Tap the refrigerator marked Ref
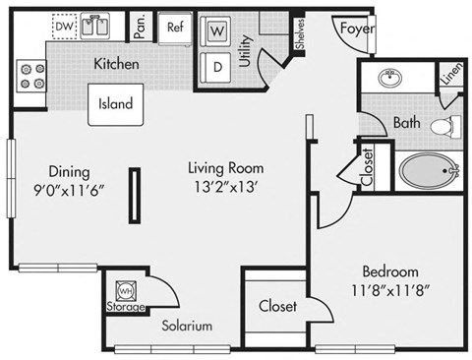[x=176, y=28]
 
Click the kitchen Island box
[x=115, y=104]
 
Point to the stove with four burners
[x=29, y=77]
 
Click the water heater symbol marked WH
[x=125, y=291]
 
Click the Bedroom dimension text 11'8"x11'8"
[x=390, y=290]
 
